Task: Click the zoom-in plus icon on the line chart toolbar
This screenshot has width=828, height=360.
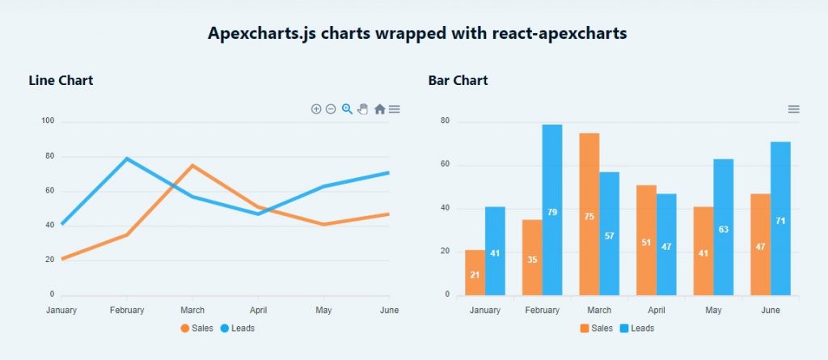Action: (316, 109)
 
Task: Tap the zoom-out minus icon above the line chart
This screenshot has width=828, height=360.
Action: (331, 109)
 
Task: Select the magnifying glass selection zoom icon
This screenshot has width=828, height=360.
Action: (347, 109)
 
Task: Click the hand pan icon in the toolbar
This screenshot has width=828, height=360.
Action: (363, 109)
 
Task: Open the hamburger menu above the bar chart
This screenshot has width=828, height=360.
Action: (794, 109)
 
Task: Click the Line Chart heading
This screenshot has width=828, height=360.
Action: (61, 80)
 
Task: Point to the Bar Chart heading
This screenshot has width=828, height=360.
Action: (458, 80)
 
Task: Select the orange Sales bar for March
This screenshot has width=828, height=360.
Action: (589, 214)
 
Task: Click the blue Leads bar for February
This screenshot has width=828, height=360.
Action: (552, 210)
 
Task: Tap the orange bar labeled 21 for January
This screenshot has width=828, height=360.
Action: (475, 273)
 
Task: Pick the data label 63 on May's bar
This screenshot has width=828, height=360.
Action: (724, 230)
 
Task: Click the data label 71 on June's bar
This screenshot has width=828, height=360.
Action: (780, 221)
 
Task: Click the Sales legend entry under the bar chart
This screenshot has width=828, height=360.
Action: (596, 328)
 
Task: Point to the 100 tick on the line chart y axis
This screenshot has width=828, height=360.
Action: (47, 121)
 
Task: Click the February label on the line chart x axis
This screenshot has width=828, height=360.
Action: (127, 311)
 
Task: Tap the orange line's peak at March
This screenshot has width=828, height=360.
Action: (192, 165)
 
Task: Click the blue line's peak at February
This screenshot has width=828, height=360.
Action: (127, 159)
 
